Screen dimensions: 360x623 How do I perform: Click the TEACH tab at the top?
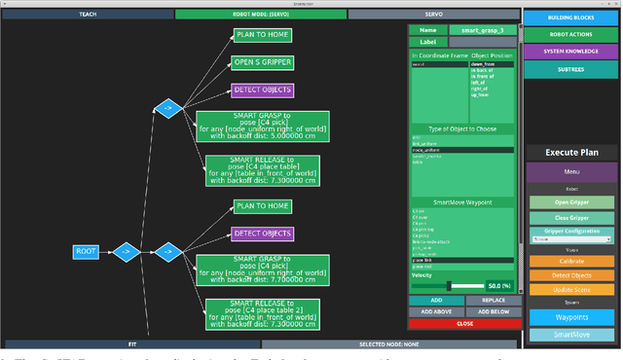[88, 15]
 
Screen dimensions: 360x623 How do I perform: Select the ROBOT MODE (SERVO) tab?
[260, 15]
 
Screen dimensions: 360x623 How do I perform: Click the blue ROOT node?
[86, 252]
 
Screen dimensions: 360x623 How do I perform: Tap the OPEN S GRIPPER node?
[262, 63]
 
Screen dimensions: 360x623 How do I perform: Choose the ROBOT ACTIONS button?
[572, 34]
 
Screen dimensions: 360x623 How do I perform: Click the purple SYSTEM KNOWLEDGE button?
[572, 52]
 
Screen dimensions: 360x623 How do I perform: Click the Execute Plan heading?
[572, 152]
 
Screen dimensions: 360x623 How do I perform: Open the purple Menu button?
[572, 172]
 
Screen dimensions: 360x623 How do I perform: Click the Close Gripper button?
[572, 218]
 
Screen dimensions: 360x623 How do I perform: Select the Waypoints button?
[572, 317]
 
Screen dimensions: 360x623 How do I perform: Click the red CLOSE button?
[464, 323]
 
